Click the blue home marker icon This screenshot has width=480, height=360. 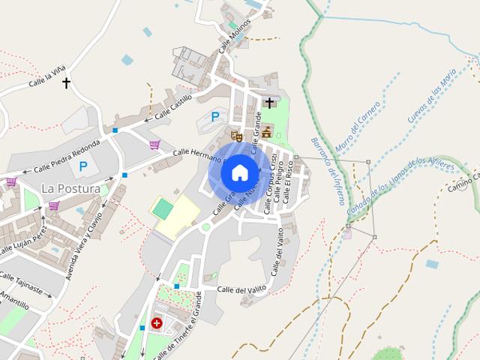point(239,172)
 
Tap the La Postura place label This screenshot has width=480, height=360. point(70,188)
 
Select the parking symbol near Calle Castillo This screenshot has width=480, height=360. point(215,116)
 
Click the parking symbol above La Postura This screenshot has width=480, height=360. point(83,166)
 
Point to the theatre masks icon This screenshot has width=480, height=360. point(236,136)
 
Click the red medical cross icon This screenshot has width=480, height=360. point(156,323)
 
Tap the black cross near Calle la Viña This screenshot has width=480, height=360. point(66,82)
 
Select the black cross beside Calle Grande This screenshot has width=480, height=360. point(269,103)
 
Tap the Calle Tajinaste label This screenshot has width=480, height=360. point(21,283)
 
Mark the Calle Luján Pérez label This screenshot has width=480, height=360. point(20,238)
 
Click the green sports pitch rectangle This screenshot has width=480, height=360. point(162,209)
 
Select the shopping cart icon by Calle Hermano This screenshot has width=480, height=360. point(154,145)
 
